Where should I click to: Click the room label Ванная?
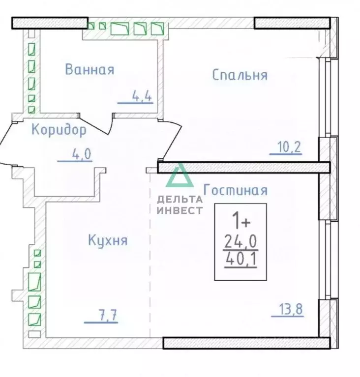point(90,69)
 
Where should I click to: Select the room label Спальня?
point(240,75)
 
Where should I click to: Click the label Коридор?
point(59,130)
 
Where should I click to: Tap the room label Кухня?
point(108,240)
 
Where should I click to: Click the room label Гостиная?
point(235,190)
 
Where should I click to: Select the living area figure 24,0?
point(240,241)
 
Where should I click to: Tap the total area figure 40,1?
point(240,259)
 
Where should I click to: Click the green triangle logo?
point(179,177)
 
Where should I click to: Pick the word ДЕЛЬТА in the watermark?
point(180,199)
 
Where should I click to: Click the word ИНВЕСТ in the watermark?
point(180,210)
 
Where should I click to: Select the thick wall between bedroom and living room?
point(243,168)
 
